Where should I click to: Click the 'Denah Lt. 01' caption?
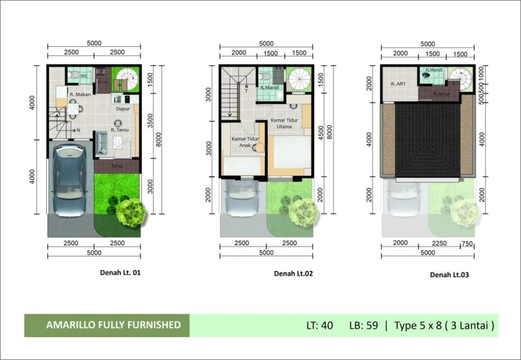pyautogui.click(x=120, y=273)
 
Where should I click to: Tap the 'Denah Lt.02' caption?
pyautogui.click(x=293, y=274)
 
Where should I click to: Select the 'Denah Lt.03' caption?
pyautogui.click(x=449, y=275)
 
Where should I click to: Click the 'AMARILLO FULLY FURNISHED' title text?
pyautogui.click(x=114, y=325)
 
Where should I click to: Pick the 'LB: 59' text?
pyautogui.click(x=363, y=325)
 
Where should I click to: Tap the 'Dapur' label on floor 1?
pyautogui.click(x=123, y=109)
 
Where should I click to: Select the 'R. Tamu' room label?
pyautogui.click(x=120, y=130)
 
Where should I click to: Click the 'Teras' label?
pyautogui.click(x=117, y=166)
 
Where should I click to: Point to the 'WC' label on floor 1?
pyautogui.click(x=84, y=75)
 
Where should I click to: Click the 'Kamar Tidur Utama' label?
pyautogui.click(x=285, y=124)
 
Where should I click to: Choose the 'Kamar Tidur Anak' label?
pyautogui.click(x=243, y=141)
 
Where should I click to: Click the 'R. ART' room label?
pyautogui.click(x=398, y=84)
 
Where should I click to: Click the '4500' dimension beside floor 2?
pyautogui.click(x=321, y=135)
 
